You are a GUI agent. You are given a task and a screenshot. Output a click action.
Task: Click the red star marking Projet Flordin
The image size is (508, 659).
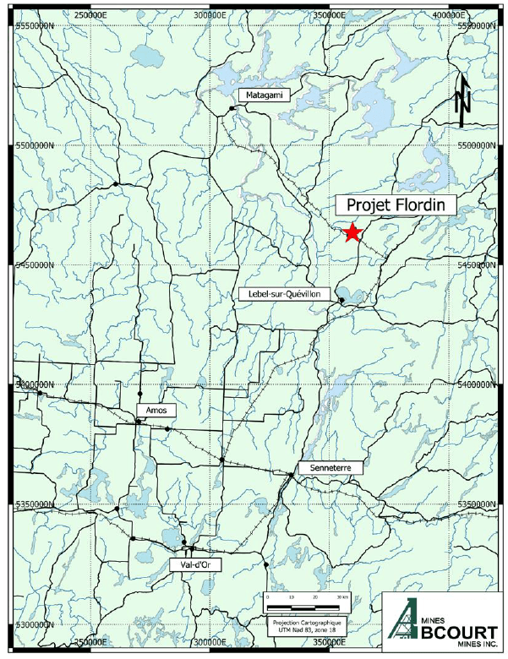[x=352, y=233]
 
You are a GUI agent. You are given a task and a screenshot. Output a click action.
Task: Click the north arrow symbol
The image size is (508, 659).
[x=462, y=100]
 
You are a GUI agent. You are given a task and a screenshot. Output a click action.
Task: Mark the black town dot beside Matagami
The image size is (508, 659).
[x=232, y=108]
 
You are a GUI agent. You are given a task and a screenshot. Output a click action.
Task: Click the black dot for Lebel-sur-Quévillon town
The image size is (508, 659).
[x=341, y=300]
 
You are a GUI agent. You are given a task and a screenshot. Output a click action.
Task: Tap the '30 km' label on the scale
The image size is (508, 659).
[x=341, y=596]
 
